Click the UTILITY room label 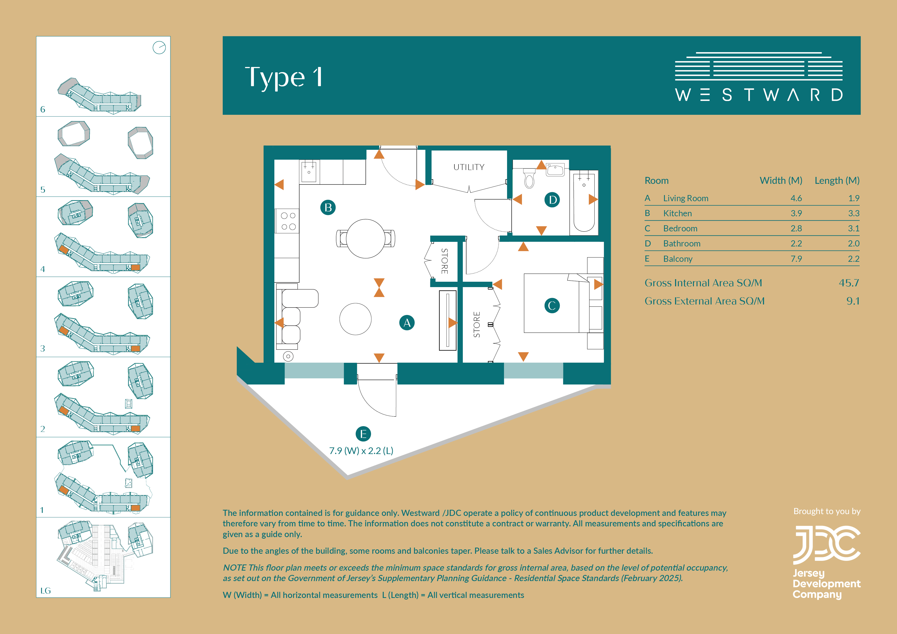469,167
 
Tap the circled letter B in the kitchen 328,207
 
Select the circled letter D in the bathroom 552,200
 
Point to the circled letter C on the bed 552,305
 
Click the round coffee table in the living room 355,319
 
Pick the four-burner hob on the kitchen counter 288,221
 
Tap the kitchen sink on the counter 309,171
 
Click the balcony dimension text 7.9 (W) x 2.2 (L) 361,451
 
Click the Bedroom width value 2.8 796,229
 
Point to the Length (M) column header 837,181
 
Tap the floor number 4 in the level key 43,269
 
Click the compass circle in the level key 159,48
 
